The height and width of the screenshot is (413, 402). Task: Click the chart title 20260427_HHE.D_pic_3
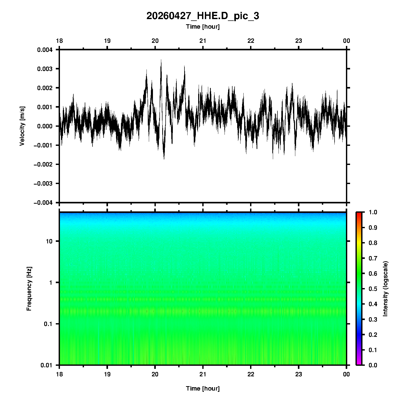pyautogui.click(x=203, y=16)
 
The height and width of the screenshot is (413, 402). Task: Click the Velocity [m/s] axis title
pyautogui.click(x=22, y=126)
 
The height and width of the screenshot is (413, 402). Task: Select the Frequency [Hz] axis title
pyautogui.click(x=29, y=289)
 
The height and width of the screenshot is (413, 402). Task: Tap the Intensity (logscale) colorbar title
pyautogui.click(x=385, y=289)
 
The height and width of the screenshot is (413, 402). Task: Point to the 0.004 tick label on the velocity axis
pyautogui.click(x=45, y=50)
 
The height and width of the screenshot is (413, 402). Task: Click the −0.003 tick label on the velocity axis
pyautogui.click(x=43, y=184)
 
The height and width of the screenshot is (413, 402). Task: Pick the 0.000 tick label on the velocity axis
pyautogui.click(x=45, y=126)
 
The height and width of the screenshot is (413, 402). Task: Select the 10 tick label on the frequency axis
pyautogui.click(x=49, y=241)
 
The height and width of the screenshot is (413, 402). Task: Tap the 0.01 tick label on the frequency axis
pyautogui.click(x=47, y=365)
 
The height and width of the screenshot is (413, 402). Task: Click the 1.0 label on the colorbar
pyautogui.click(x=373, y=212)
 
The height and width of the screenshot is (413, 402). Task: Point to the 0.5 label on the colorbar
pyautogui.click(x=373, y=289)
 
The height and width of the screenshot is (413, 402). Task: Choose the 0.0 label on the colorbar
pyautogui.click(x=373, y=365)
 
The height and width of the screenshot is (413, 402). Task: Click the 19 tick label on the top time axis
pyautogui.click(x=107, y=41)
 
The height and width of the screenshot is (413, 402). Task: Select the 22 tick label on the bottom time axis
pyautogui.click(x=251, y=374)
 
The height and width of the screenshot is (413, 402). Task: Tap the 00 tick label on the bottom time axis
pyautogui.click(x=346, y=374)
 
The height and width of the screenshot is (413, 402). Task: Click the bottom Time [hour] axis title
pyautogui.click(x=203, y=388)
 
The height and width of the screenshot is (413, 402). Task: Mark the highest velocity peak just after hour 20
pyautogui.click(x=161, y=60)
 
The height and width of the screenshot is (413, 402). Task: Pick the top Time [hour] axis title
pyautogui.click(x=203, y=27)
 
